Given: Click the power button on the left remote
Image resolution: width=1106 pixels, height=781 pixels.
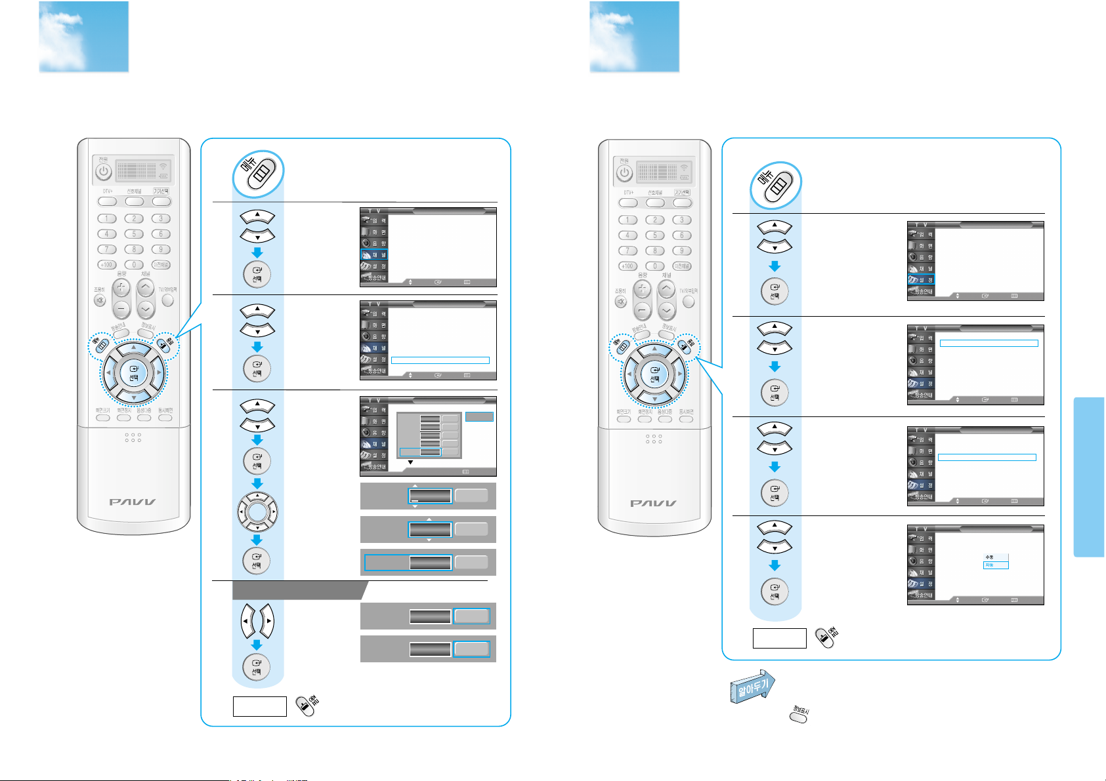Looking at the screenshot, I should [x=104, y=172].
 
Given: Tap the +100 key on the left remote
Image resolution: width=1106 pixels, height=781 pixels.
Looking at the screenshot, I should [x=106, y=265].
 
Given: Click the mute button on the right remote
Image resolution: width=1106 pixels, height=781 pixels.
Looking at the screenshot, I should [x=620, y=302].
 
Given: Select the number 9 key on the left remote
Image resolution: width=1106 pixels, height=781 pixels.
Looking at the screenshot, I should [x=161, y=249].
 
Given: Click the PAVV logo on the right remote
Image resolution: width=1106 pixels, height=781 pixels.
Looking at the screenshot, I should [x=654, y=503].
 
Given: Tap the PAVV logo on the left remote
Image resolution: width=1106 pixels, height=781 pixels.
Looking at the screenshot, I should [x=133, y=502].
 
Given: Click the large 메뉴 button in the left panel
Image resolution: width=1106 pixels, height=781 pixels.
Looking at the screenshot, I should [x=259, y=174].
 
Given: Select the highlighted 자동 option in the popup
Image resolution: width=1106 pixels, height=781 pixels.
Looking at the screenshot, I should [x=996, y=565].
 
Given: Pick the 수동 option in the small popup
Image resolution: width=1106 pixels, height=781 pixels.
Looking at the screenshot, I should [x=996, y=557].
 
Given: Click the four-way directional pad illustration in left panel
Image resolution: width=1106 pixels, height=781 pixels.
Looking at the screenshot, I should [x=257, y=511].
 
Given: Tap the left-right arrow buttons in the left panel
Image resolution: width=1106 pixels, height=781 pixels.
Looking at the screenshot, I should [x=257, y=620].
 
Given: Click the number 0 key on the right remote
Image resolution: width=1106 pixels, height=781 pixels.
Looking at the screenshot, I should [x=654, y=266].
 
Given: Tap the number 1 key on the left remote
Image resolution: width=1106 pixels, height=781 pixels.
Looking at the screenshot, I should [x=106, y=218].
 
